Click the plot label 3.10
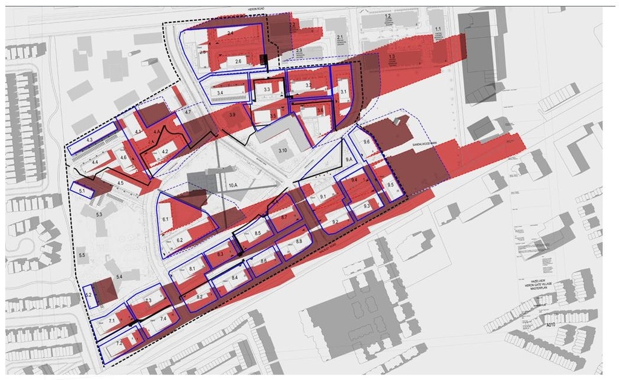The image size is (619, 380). point(282,149)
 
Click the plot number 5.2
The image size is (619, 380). point(88,295)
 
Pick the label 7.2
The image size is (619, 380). point(119,343)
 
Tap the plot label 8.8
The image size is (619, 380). point(299,242)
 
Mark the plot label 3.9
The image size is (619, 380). point(233,114)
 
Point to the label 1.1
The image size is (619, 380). point(438,29)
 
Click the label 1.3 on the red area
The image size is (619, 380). point(392,56)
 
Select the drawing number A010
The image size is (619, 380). point(550,325)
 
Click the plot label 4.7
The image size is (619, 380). point(188,113)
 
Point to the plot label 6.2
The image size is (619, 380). point(180,240)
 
